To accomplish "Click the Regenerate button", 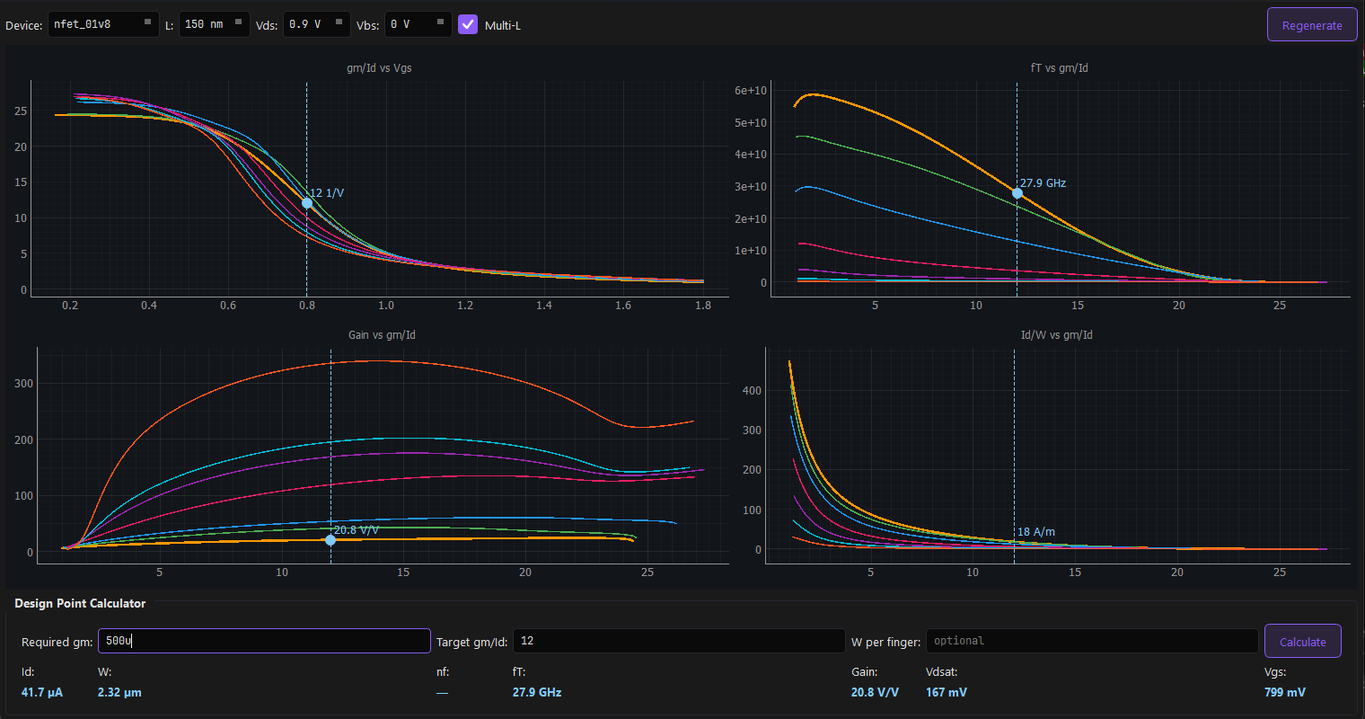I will click(x=1311, y=25).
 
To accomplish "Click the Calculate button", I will click(x=1302, y=642).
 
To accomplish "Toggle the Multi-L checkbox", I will click(x=467, y=24).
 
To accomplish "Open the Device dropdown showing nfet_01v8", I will click(x=103, y=24).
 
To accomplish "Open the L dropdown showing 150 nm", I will click(x=215, y=24).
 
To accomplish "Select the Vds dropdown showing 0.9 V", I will click(x=316, y=24).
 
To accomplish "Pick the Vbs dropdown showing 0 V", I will click(x=418, y=24).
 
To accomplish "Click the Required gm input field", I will click(x=264, y=641).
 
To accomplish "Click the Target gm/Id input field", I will click(x=679, y=641).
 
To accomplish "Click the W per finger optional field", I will click(x=1091, y=641).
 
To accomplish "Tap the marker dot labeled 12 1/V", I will click(x=307, y=203).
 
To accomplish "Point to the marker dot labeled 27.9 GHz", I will click(x=1017, y=193).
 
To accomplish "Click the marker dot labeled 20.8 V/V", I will click(x=330, y=540).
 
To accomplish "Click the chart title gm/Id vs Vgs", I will click(x=379, y=68).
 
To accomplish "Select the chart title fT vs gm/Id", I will click(x=1059, y=68).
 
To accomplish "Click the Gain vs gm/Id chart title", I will click(x=382, y=335).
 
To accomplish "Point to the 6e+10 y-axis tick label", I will click(x=750, y=91).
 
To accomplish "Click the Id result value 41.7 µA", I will click(x=42, y=692).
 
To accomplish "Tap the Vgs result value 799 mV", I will click(x=1284, y=692).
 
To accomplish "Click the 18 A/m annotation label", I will click(x=1035, y=532).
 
